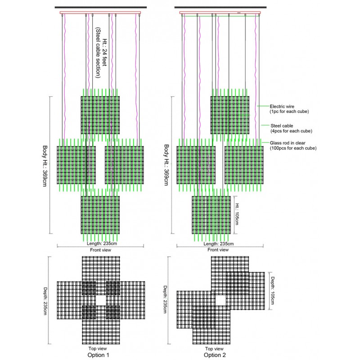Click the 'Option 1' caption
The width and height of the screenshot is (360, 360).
[98, 355]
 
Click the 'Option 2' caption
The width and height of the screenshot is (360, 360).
[212, 355]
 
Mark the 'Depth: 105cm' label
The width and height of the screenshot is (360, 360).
[273, 290]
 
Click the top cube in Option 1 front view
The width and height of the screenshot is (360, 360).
[100, 115]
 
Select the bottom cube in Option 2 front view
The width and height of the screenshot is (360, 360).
[211, 215]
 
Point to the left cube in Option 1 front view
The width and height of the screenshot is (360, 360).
[76, 164]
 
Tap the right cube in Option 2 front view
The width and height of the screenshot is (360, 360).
[244, 164]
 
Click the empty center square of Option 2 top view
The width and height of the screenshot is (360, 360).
[220, 300]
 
